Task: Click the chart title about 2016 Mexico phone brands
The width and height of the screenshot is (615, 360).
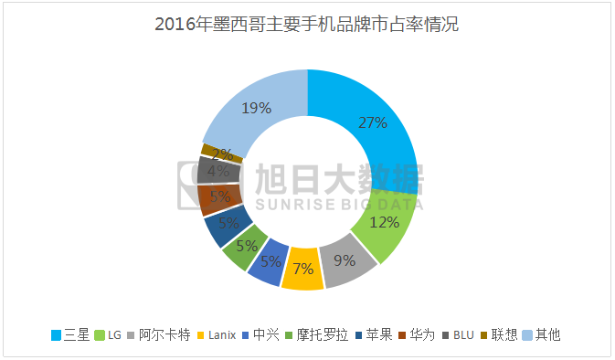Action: pos(307,25)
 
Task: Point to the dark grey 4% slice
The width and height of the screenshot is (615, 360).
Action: pos(218,170)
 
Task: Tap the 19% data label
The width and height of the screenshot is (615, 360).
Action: pos(256,108)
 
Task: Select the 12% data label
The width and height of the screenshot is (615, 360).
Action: pos(384,221)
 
